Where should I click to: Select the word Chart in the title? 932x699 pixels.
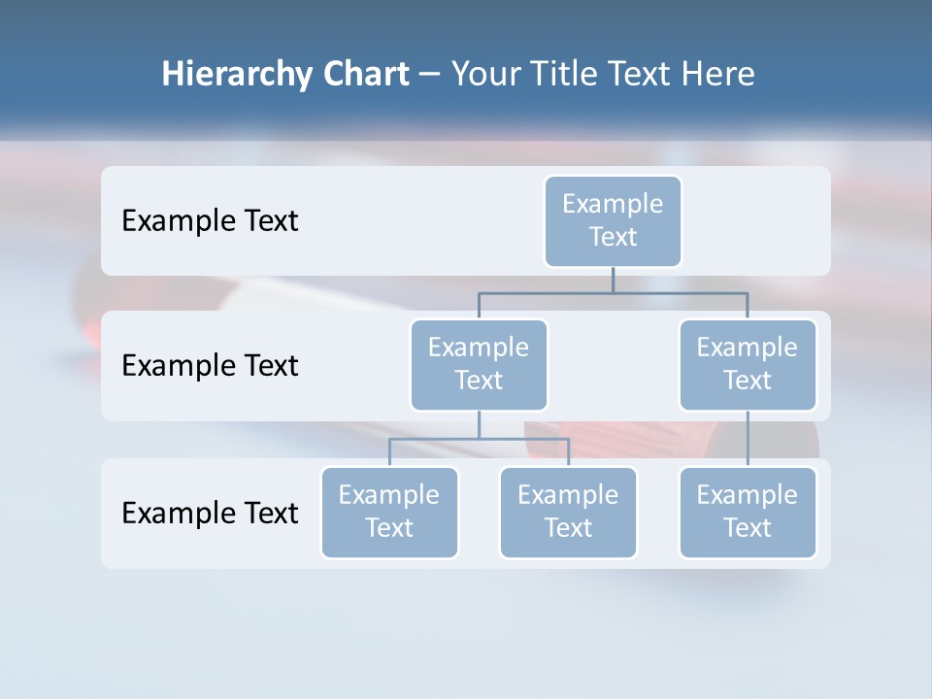pos(365,75)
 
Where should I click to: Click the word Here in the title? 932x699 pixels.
pos(717,75)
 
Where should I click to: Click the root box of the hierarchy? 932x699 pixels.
pos(613,220)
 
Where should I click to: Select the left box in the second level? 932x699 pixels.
pos(479,364)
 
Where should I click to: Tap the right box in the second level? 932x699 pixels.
pos(748,364)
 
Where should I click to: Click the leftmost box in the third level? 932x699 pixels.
pos(389,512)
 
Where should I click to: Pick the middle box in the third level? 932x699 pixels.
pos(568,512)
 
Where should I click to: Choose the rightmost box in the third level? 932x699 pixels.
pos(748,512)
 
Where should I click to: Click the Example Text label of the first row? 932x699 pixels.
pos(210,221)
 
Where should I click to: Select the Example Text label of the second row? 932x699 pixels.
pos(210,366)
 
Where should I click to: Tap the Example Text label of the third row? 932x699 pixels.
pos(210,513)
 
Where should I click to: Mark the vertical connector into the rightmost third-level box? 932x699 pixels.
pos(748,439)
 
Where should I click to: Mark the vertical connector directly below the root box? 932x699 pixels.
pos(613,280)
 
